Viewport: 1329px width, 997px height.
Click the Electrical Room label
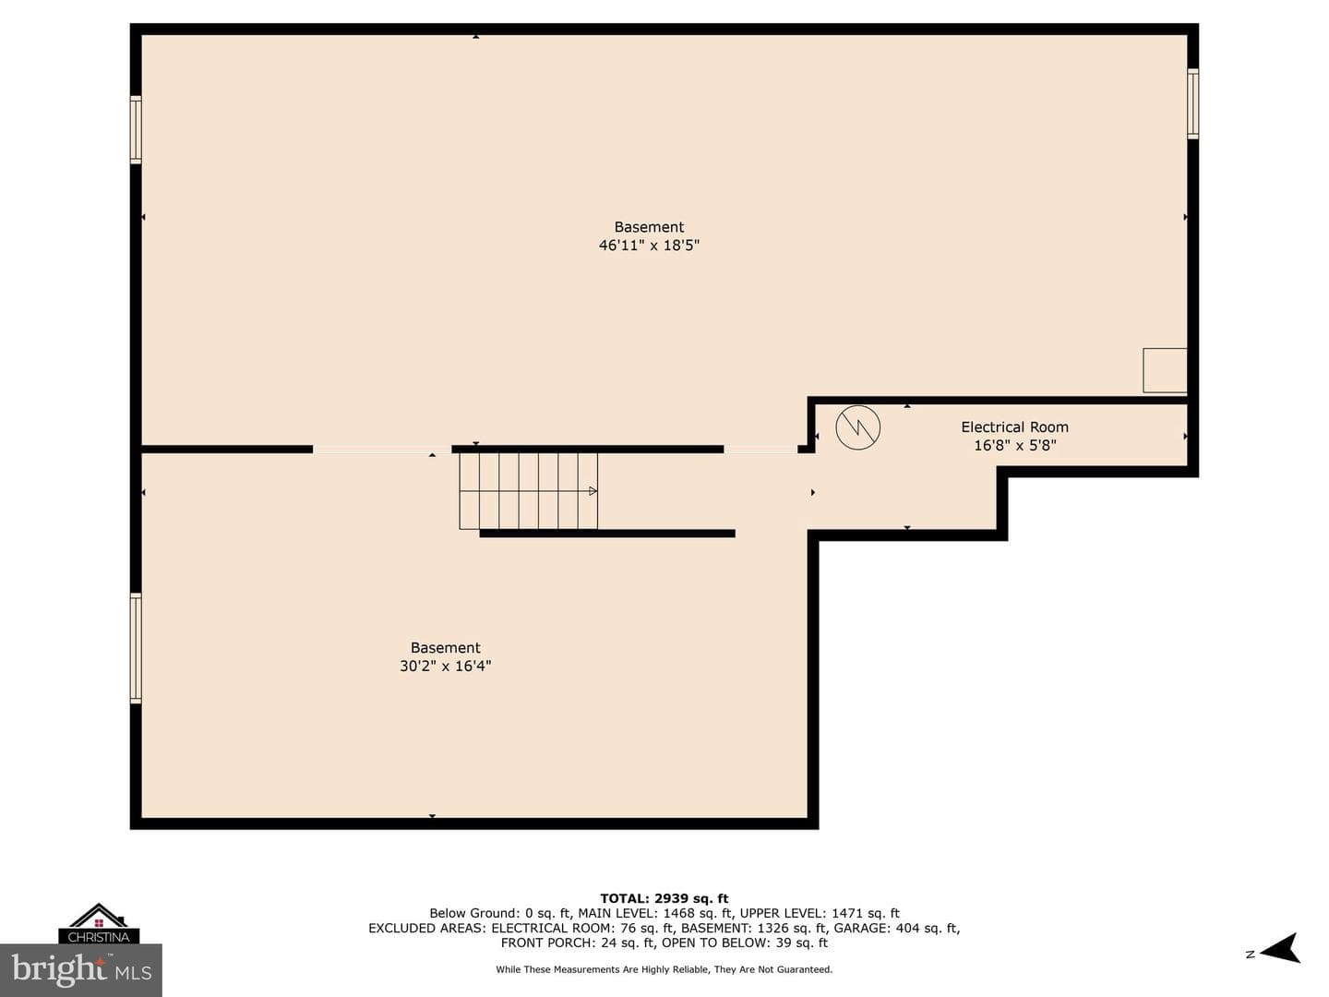click(1015, 426)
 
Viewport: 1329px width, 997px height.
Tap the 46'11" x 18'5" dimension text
click(649, 246)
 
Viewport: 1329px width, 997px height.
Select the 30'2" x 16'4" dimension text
click(446, 666)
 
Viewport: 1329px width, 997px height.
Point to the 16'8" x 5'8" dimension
click(1015, 446)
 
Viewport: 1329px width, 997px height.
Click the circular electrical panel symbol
click(858, 427)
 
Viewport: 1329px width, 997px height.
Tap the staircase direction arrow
click(593, 491)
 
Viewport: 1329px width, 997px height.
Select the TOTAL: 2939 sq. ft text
click(664, 898)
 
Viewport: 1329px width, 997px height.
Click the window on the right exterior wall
click(1192, 103)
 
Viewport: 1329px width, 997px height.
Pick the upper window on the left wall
click(137, 129)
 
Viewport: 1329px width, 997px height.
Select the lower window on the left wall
click(137, 648)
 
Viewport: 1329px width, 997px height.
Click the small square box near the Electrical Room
click(1165, 370)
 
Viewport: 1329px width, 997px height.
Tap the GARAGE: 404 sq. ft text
click(897, 928)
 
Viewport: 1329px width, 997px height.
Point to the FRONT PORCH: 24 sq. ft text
click(578, 943)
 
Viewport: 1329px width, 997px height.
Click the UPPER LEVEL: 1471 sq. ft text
click(820, 914)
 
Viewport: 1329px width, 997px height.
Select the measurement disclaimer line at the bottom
click(664, 969)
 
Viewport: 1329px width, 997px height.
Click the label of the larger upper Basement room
click(649, 227)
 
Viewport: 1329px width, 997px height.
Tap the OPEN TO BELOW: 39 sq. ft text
click(745, 943)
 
